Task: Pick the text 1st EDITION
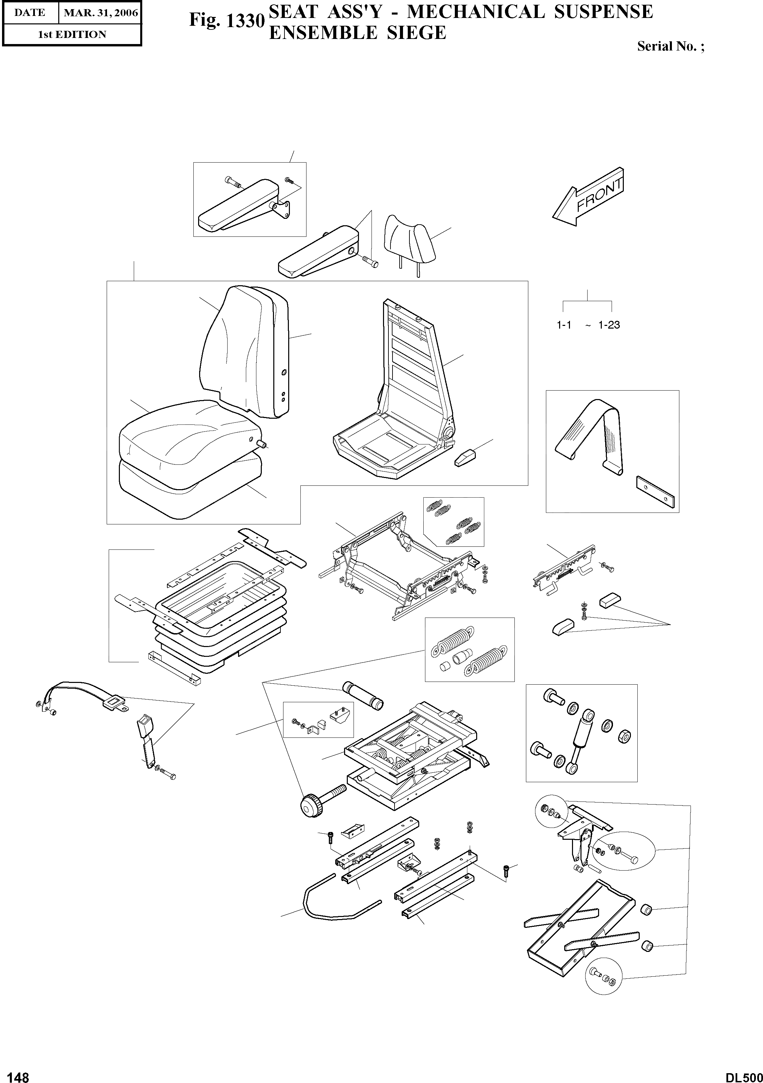[72, 35]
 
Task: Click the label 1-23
[609, 325]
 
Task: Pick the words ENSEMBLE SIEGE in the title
[357, 33]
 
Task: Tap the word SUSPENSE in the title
[603, 12]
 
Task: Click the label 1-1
[564, 325]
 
